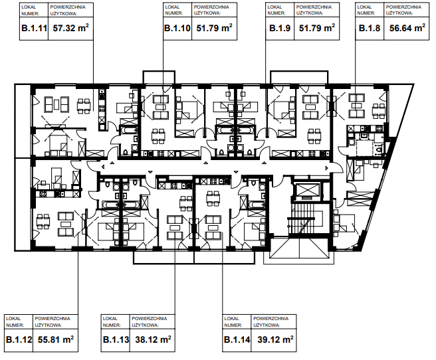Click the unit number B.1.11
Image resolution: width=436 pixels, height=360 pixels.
34,29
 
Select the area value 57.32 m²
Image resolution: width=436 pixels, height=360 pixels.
71,28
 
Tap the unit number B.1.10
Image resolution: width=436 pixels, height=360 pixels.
177,29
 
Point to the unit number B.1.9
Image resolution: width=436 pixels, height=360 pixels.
280,29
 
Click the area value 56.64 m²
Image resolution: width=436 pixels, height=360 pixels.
407,28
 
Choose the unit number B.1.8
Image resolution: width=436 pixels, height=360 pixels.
370,29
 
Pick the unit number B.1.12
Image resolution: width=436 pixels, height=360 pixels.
19,339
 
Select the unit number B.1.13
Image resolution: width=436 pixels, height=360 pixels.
116,339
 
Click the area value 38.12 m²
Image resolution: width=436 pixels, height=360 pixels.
154,339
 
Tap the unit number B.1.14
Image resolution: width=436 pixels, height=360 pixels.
237,339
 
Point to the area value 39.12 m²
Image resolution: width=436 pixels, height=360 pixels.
275,339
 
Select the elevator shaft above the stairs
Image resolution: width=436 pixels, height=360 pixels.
306,191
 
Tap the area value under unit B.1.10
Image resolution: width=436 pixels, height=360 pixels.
215,28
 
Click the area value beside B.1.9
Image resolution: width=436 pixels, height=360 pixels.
317,28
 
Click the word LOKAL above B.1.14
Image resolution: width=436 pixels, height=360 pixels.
231,319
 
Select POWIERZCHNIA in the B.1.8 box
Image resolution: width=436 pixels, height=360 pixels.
403,7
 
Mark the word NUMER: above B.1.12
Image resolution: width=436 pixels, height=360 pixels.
15,325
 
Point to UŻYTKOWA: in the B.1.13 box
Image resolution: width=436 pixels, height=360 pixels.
145,325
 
